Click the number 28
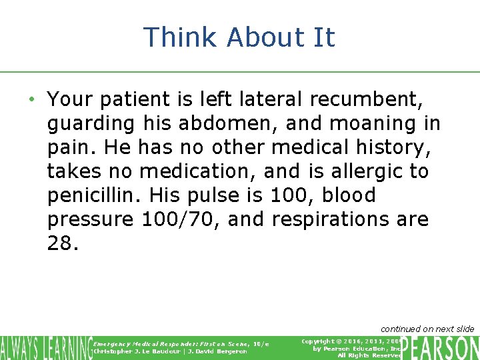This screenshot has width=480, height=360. (x=63, y=243)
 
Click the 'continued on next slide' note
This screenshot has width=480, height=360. (x=427, y=329)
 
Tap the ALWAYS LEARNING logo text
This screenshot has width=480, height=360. (x=45, y=347)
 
